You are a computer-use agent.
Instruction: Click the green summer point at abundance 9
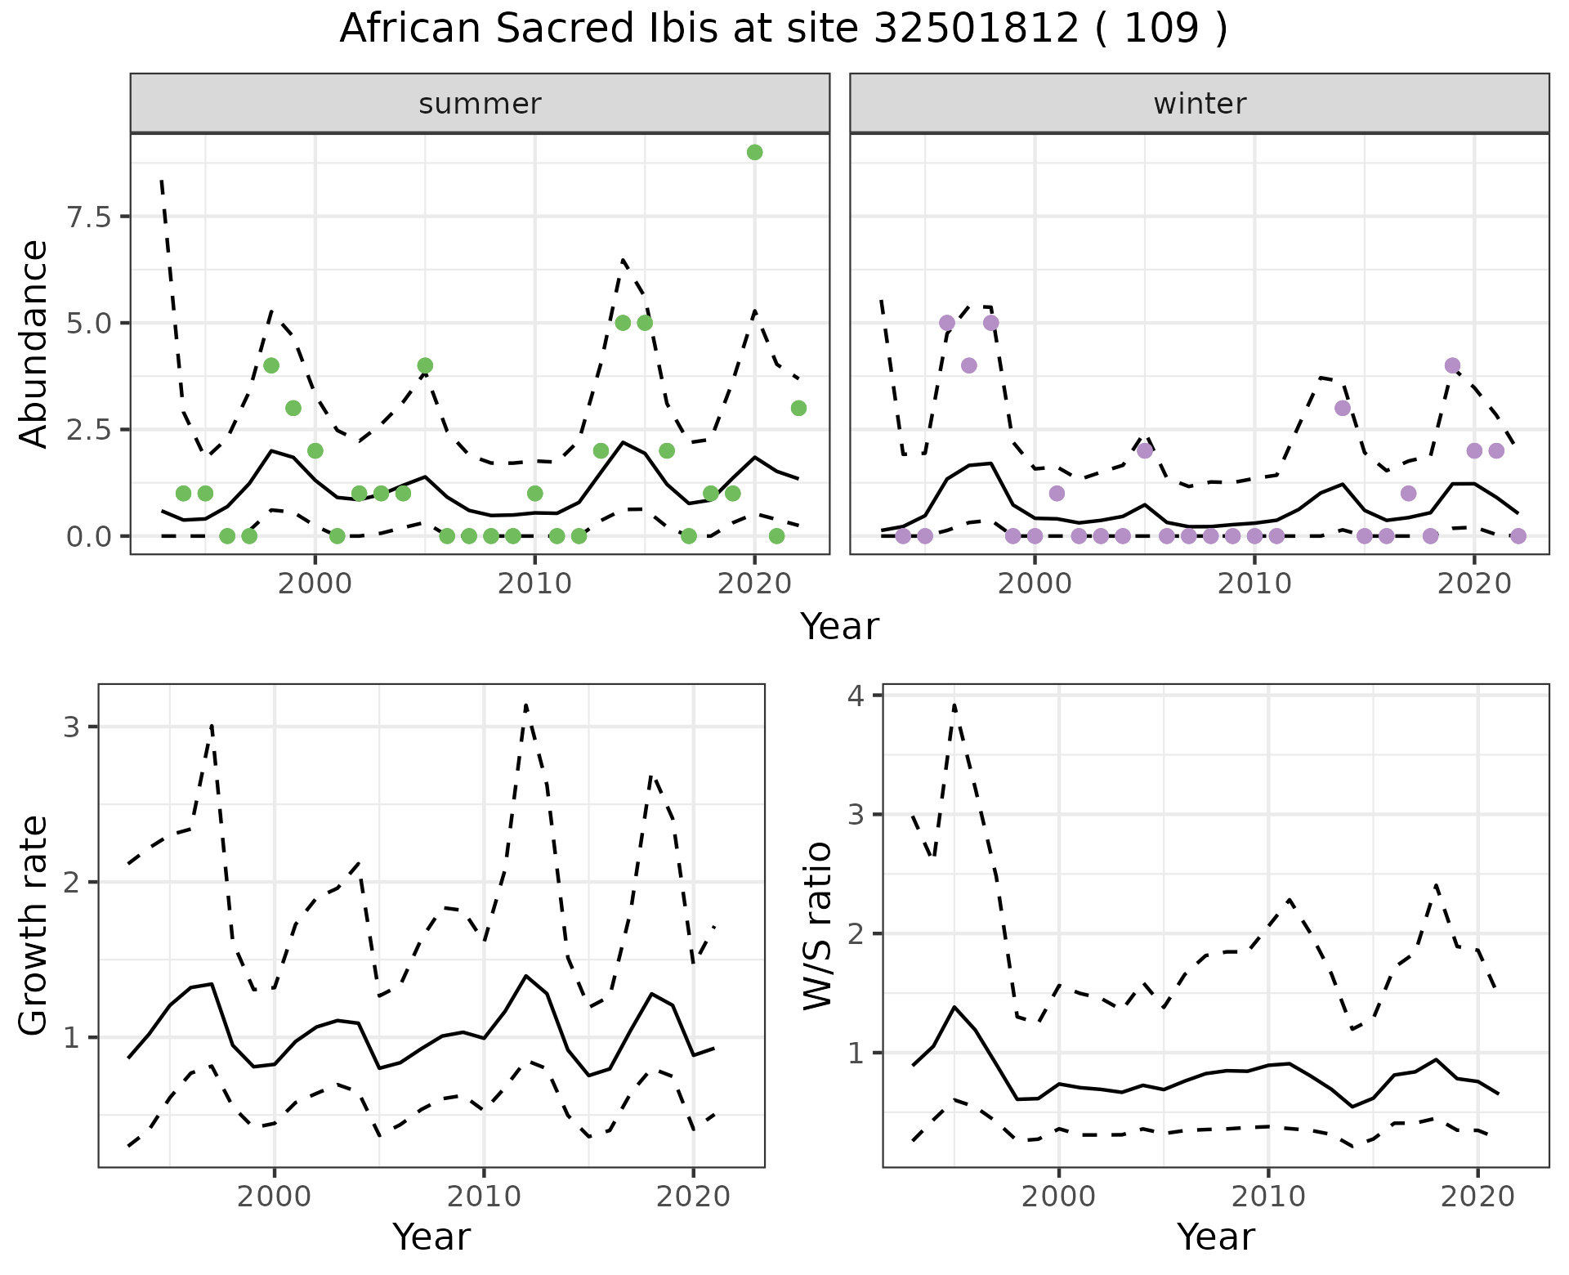click(x=754, y=152)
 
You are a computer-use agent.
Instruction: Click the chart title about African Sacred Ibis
click(x=783, y=29)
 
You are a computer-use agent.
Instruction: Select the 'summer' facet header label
click(x=480, y=104)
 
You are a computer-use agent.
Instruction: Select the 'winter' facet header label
click(x=1200, y=104)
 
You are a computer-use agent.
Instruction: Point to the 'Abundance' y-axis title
click(x=34, y=343)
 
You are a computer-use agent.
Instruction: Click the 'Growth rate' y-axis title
click(x=34, y=925)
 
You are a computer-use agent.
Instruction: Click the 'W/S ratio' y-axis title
click(x=818, y=925)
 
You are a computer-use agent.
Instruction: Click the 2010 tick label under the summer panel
click(x=534, y=584)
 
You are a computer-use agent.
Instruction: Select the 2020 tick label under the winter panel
click(x=1473, y=584)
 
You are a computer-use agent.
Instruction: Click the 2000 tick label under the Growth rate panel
click(x=275, y=1197)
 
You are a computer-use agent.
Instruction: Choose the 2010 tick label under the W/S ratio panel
click(x=1267, y=1197)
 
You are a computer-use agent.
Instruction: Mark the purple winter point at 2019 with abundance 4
click(x=1452, y=365)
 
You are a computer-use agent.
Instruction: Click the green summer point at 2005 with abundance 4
click(x=425, y=365)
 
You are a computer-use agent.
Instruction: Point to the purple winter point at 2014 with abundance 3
click(x=1343, y=408)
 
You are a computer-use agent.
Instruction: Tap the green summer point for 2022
click(x=798, y=408)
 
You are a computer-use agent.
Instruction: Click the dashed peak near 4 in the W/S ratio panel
click(x=954, y=705)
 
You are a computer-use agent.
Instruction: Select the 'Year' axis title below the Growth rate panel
click(x=431, y=1237)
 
